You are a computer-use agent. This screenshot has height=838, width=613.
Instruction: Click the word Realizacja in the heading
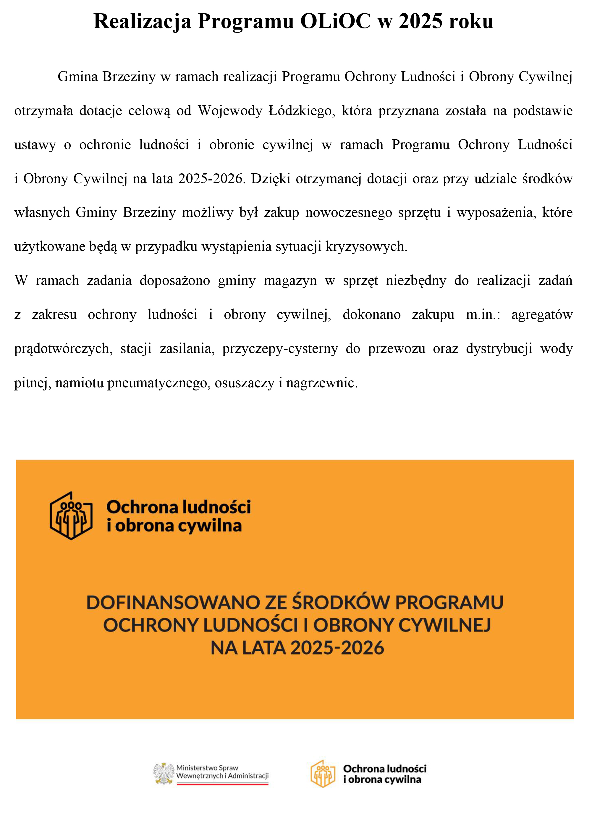pyautogui.click(x=142, y=22)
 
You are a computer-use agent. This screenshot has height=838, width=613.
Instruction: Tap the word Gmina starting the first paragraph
pyautogui.click(x=77, y=77)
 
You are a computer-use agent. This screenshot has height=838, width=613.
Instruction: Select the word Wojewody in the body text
pyautogui.click(x=230, y=111)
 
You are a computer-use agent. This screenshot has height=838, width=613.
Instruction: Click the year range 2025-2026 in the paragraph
pyautogui.click(x=210, y=179)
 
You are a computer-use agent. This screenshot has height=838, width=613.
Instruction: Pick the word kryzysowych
pyautogui.click(x=366, y=247)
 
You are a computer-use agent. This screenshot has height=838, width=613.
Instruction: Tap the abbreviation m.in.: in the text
pyautogui.click(x=483, y=315)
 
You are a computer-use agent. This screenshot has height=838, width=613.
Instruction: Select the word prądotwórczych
pyautogui.click(x=63, y=349)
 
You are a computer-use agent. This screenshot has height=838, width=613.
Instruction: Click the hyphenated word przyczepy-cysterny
pyautogui.click(x=280, y=349)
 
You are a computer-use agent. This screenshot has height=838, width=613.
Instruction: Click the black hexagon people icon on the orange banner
pyautogui.click(x=71, y=516)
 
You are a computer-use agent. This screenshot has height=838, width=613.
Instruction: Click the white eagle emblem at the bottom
pyautogui.click(x=164, y=774)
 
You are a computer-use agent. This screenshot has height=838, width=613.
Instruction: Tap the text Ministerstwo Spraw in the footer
pyautogui.click(x=207, y=768)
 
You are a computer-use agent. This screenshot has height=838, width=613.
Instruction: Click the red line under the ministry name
pyautogui.click(x=222, y=784)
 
